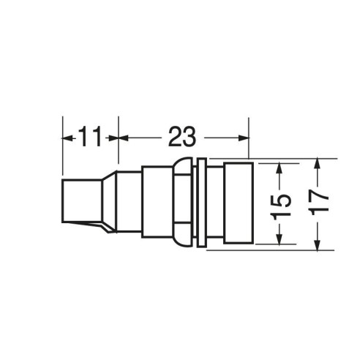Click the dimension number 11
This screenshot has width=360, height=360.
(x=89, y=136)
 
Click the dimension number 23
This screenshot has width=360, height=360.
(x=182, y=136)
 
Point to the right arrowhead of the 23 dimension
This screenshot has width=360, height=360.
(x=244, y=138)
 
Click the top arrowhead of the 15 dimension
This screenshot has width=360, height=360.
(x=280, y=169)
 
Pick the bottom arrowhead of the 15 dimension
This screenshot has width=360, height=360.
(x=280, y=238)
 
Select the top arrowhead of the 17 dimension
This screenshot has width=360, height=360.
(x=317, y=164)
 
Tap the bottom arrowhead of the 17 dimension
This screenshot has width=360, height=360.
(x=317, y=244)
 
